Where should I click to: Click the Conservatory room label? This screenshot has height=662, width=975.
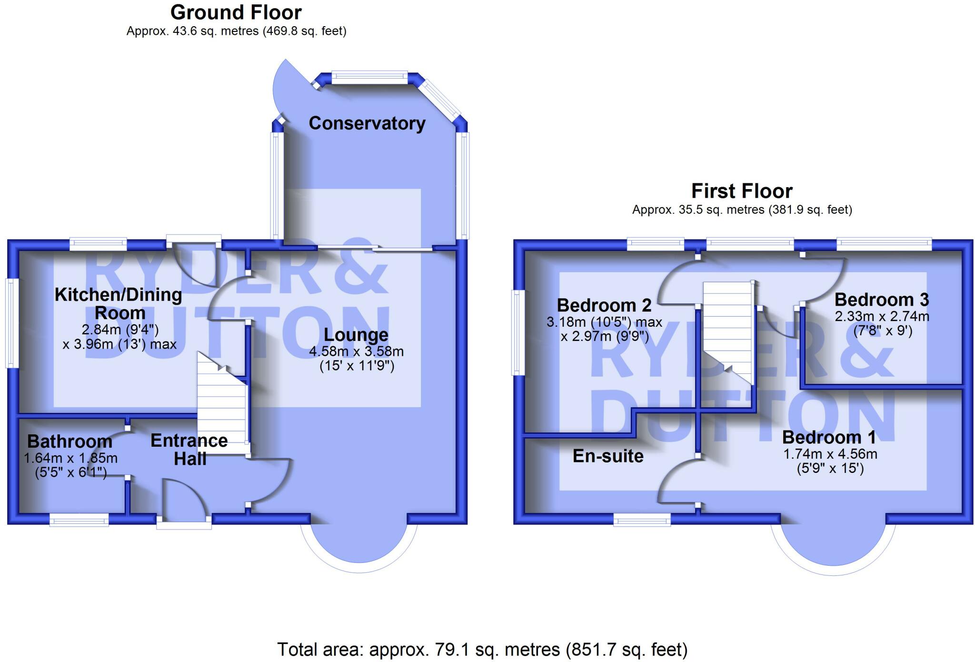coord(367,123)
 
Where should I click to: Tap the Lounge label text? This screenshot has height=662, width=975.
coord(356,335)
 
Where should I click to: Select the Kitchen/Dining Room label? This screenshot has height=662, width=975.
coord(119,303)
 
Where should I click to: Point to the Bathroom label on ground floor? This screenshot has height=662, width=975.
coord(70,441)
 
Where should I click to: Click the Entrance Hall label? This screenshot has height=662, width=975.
coord(189,449)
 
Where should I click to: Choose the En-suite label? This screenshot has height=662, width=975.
coord(608,456)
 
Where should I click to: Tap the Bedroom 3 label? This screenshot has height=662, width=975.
coord(882,300)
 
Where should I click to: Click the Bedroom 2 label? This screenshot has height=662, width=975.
coord(604,305)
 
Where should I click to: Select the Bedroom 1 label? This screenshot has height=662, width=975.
coord(829,437)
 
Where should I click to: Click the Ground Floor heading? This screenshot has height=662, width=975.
coord(236,12)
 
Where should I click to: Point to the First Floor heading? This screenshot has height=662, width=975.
coord(742,191)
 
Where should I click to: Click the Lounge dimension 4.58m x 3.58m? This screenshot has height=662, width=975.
coord(356,352)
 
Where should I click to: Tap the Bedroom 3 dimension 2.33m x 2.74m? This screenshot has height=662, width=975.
coord(882,316)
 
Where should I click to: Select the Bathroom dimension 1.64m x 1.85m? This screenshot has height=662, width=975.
coord(70,458)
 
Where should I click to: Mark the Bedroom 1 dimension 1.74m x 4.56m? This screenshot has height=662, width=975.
coord(830,454)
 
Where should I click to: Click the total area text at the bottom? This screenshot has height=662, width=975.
coord(482,650)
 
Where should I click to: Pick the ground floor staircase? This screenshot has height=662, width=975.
coord(222,405)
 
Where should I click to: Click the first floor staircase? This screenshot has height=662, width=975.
coord(728,329)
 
